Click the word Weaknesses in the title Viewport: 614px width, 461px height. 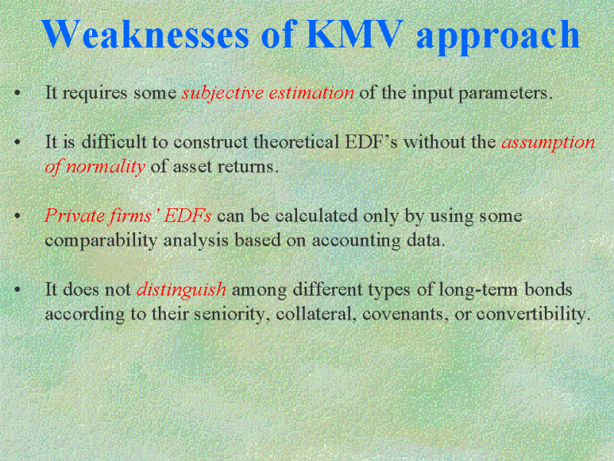[x=145, y=34]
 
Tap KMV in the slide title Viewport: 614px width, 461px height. [x=355, y=34]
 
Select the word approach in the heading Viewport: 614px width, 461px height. [x=497, y=37]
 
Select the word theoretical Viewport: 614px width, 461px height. [x=296, y=141]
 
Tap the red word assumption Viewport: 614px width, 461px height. [x=548, y=143]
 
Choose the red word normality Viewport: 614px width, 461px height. [x=106, y=167]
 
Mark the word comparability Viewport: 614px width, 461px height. [x=101, y=240]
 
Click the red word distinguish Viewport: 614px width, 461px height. [x=181, y=290]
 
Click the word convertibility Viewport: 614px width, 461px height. [x=533, y=314]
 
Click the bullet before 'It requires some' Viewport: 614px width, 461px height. [x=17, y=93]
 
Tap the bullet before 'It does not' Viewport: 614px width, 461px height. [x=17, y=290]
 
